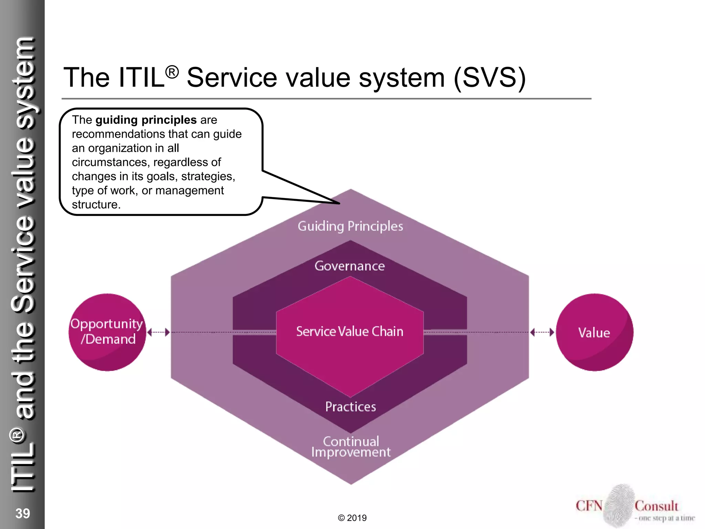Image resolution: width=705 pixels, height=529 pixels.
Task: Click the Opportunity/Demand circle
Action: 107,332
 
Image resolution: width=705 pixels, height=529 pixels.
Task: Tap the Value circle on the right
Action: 594,332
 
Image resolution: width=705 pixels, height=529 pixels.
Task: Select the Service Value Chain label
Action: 350,331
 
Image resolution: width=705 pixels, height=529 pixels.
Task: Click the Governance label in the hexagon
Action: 350,266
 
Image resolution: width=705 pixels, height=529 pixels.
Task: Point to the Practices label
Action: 350,407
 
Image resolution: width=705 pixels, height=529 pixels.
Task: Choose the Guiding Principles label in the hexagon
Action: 350,226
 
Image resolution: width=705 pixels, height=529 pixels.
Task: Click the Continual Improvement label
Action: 351,447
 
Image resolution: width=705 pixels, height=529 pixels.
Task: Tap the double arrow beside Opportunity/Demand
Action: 158,332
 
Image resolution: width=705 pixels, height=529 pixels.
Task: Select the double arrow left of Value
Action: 542,332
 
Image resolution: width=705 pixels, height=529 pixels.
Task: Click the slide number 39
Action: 23,513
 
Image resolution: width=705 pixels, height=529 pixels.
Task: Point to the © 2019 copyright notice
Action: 352,518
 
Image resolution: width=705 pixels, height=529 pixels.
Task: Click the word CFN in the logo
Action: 589,506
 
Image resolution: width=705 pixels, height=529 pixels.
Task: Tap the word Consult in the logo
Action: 656,506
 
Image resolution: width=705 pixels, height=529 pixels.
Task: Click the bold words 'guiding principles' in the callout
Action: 146,120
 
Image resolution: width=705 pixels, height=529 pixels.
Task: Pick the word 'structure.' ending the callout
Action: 96,205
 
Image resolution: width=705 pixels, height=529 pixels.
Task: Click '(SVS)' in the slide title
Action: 490,77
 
